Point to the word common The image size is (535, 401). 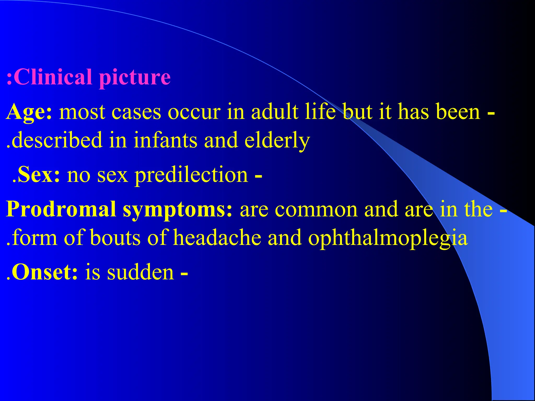pyautogui.click(x=316, y=210)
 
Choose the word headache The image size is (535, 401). pyautogui.click(x=217, y=238)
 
